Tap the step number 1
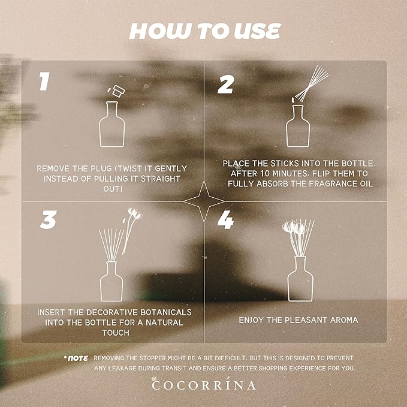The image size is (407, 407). pos(43,82)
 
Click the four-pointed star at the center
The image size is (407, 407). pos(203,202)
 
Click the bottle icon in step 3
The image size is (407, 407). pos(111,281)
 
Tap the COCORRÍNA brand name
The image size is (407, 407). pos(203,385)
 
